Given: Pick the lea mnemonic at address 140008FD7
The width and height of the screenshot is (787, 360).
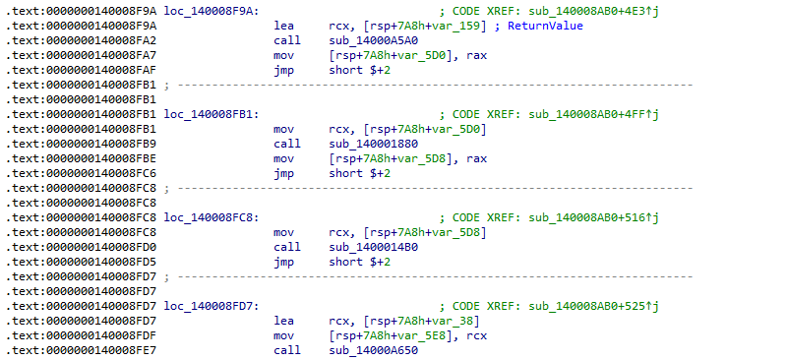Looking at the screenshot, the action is click(x=283, y=320).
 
